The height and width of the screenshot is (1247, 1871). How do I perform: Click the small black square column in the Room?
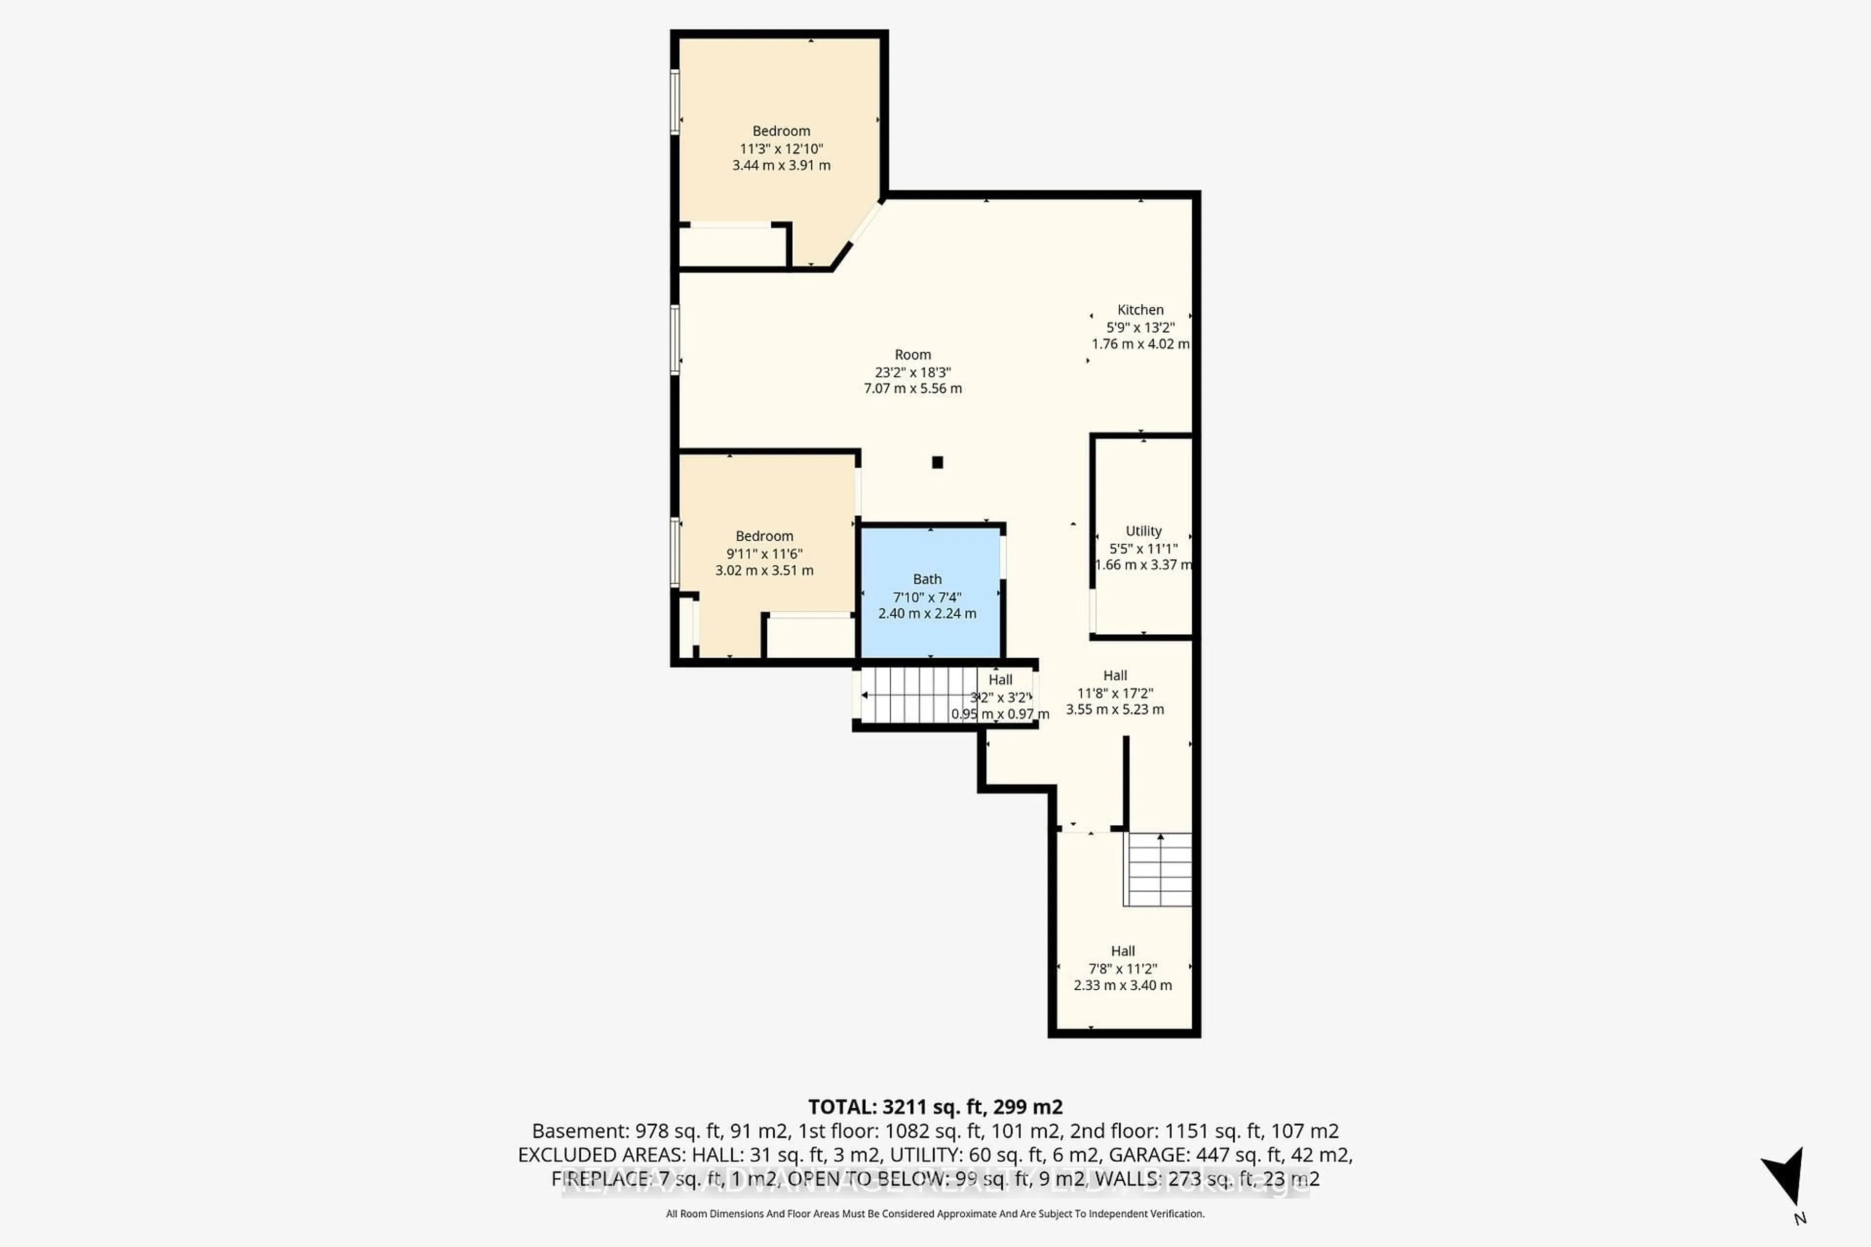(937, 462)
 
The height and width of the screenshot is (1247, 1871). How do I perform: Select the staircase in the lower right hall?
(1160, 869)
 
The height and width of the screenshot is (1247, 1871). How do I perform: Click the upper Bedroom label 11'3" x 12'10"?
(781, 149)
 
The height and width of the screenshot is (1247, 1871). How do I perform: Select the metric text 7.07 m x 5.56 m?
(913, 389)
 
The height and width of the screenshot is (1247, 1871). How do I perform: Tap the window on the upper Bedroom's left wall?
(674, 102)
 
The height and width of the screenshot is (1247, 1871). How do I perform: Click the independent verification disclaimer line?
(935, 1213)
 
